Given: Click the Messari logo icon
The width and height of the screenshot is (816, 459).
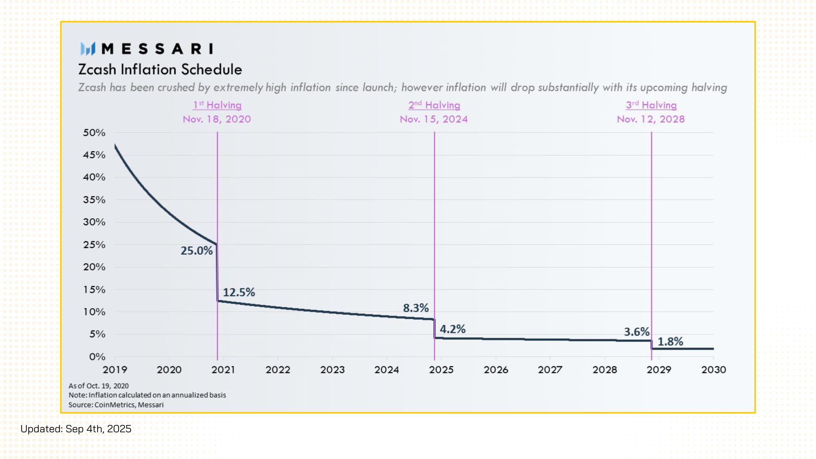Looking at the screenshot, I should [88, 49].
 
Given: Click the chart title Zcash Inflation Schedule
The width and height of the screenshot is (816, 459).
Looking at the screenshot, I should [160, 70].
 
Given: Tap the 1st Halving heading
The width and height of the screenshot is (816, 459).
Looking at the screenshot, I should [217, 105].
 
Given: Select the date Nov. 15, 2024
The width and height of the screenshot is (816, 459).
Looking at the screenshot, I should [434, 119].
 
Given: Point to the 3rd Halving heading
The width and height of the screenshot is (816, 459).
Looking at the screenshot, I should [651, 105].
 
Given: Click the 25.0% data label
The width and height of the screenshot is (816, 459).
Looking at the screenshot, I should [196, 251].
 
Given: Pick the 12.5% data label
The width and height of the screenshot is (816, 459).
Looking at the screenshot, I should [239, 292].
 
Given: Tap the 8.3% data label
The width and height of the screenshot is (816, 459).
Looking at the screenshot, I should [416, 308].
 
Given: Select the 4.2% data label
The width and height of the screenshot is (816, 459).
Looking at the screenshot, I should [452, 329].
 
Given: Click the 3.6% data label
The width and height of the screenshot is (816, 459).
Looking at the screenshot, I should [636, 332].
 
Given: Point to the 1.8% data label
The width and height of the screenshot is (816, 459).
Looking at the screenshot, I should [670, 342].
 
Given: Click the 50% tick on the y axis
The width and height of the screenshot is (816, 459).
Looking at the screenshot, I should [94, 133].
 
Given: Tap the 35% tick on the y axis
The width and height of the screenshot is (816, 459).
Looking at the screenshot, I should [94, 200].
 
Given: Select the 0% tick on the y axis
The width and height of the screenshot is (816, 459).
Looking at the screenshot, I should [97, 357].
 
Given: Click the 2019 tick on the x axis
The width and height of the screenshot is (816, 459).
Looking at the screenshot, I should [115, 370].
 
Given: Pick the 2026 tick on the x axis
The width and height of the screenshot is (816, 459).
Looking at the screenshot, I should [496, 370].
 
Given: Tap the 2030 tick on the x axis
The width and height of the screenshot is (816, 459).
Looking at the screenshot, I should [714, 370].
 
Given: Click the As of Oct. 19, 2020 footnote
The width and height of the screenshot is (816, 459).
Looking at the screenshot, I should [99, 386].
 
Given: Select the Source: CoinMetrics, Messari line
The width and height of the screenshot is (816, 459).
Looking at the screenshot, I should [116, 405].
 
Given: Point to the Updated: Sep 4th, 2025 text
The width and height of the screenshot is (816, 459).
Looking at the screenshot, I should [76, 429].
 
